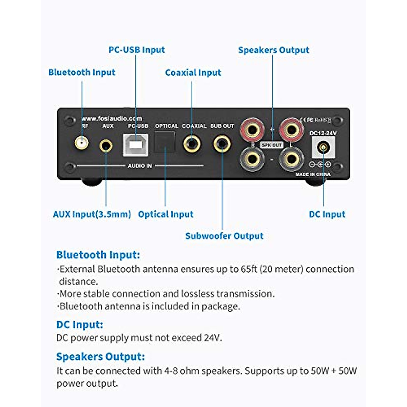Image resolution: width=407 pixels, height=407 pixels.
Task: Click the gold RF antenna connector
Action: (81, 143)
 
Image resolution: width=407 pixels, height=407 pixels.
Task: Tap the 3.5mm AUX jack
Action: (106, 146)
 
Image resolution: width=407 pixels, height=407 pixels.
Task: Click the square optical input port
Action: (165, 142)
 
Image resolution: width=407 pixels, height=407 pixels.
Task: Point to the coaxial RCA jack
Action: (192, 144)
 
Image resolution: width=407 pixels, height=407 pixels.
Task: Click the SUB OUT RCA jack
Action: (222, 144)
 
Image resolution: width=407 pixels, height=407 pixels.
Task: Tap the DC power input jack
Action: (323, 148)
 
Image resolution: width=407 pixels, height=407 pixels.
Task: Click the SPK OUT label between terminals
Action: (272, 145)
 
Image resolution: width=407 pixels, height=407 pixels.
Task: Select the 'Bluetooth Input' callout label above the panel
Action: (82, 72)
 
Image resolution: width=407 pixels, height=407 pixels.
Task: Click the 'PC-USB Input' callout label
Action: (137, 50)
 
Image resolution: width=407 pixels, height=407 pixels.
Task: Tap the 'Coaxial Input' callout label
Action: (193, 73)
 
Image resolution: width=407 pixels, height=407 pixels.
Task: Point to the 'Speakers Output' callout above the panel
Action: (274, 50)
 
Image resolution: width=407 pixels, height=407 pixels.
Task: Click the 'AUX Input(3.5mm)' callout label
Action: (92, 214)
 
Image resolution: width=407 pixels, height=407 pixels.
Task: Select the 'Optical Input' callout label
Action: (166, 214)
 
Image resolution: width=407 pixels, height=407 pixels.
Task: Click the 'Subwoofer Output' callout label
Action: (224, 236)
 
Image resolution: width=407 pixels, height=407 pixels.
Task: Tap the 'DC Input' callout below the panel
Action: (327, 214)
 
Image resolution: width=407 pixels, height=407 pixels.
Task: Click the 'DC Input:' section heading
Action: (80, 325)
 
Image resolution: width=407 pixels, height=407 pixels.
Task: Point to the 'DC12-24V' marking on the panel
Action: (323, 133)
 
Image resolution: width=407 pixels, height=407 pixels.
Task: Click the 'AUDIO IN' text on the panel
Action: (140, 166)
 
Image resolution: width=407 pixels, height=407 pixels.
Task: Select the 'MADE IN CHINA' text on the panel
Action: (313, 174)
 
